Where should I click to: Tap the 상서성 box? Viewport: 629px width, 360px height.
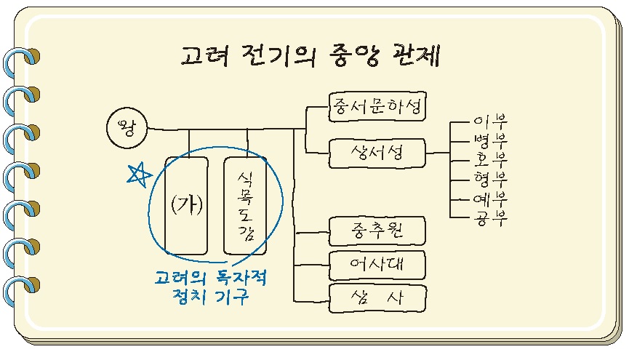click(x=376, y=153)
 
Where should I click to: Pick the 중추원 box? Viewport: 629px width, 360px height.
click(x=376, y=232)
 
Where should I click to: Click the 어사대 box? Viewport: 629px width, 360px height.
click(x=376, y=265)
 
